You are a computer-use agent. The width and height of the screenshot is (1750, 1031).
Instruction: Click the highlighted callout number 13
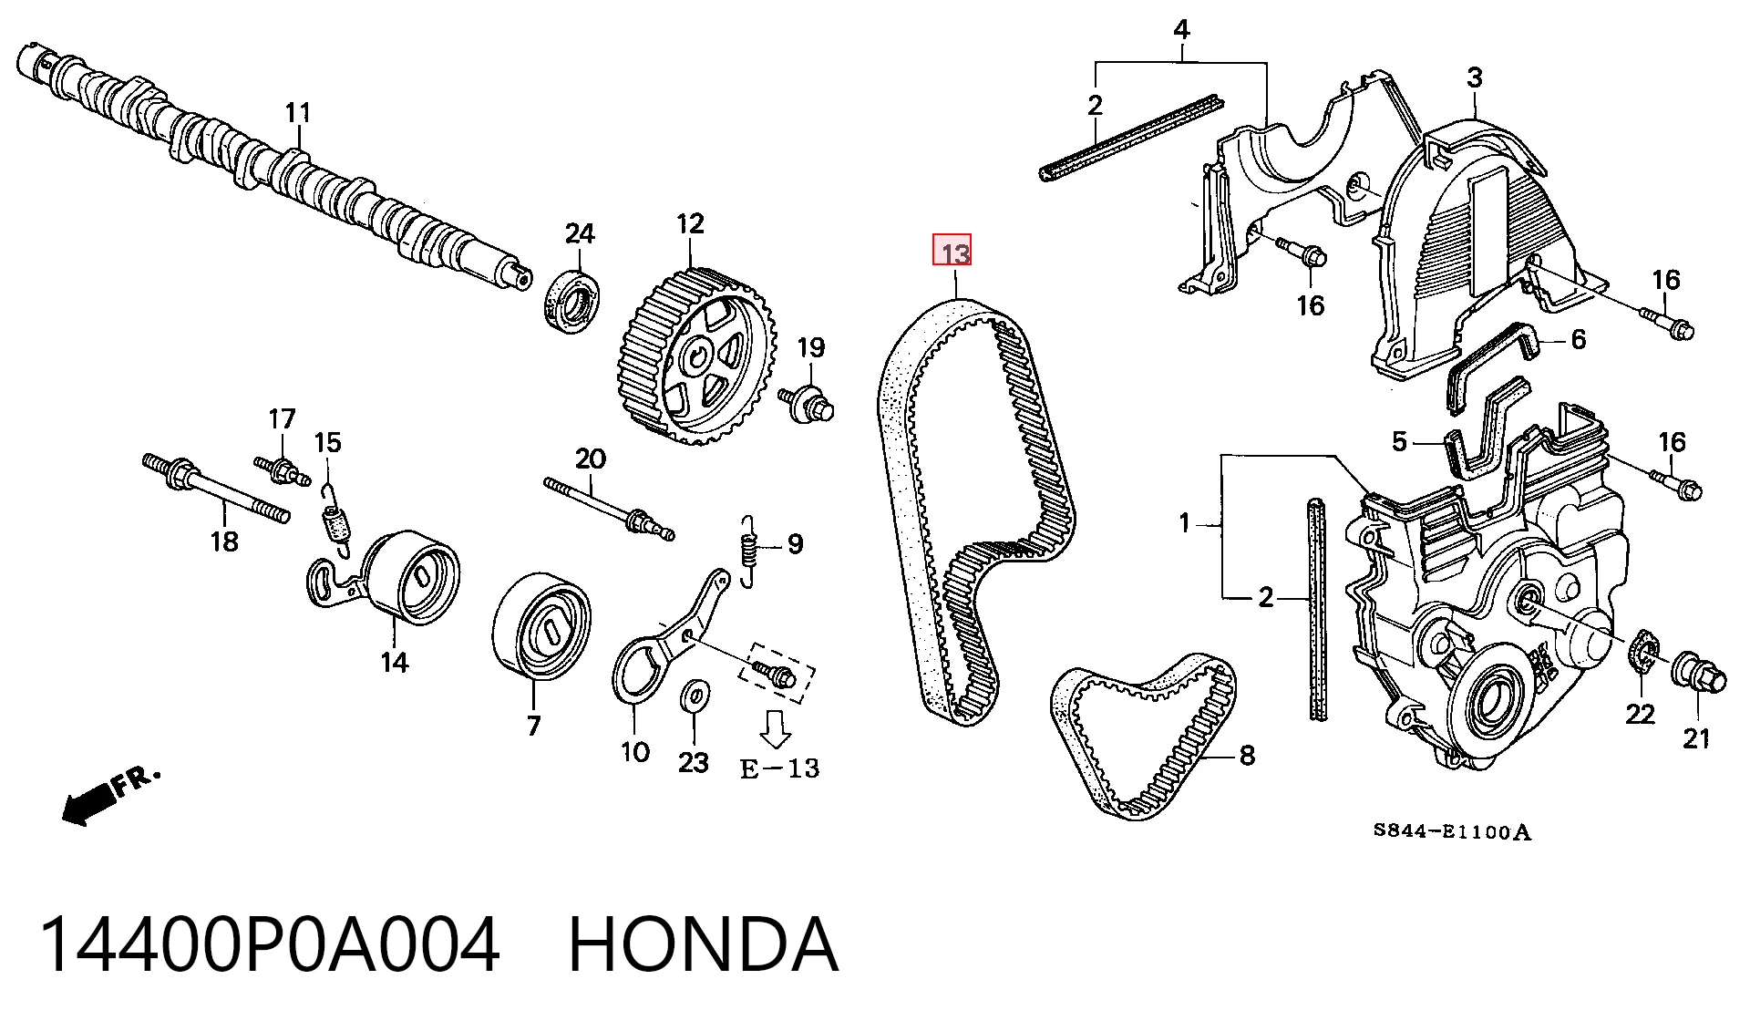[952, 251]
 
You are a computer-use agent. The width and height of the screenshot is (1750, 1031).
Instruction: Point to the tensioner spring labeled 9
[749, 552]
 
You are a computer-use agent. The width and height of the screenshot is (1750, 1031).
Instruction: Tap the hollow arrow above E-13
[776, 728]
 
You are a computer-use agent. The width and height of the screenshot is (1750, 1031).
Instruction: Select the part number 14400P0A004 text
[270, 945]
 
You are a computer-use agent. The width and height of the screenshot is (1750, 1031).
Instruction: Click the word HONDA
[703, 945]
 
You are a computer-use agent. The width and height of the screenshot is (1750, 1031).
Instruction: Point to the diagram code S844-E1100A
[1453, 831]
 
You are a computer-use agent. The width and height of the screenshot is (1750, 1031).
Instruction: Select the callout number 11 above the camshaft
[298, 113]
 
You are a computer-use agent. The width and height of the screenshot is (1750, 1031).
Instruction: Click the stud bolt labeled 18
[217, 489]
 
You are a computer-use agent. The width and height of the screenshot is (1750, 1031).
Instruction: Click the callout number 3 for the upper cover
[1475, 78]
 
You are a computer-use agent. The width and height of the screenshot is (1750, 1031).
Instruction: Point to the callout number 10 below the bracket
[635, 752]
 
